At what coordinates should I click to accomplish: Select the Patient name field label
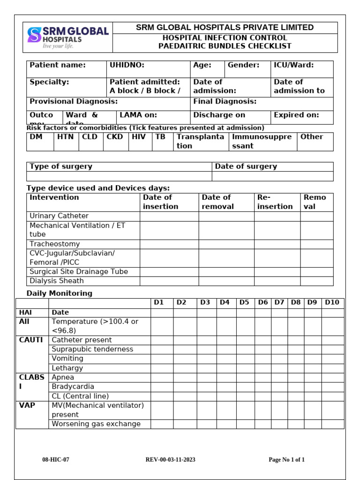point(58,66)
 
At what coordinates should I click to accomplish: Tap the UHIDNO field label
point(127,66)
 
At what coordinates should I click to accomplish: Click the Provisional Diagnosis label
point(74,102)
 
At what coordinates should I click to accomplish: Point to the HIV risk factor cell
point(139,137)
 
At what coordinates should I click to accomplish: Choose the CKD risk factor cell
point(114,137)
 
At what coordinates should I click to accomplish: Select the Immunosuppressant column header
point(262,141)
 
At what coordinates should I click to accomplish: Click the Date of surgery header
point(246,166)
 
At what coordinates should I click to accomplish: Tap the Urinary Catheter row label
point(59,216)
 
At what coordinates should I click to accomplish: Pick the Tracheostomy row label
point(54,244)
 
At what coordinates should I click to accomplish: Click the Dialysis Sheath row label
point(57,281)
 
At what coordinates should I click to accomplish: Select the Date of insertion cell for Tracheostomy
point(169,244)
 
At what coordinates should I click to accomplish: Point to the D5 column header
point(244,302)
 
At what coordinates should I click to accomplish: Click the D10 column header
point(332,302)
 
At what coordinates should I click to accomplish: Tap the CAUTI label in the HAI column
point(30,340)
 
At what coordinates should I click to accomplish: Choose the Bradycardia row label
point(73,387)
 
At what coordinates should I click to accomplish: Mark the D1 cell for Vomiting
point(162,359)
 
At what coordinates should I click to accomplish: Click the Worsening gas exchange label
point(96,424)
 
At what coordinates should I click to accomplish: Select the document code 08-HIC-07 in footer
point(56,460)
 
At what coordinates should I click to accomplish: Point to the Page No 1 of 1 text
point(286,460)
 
